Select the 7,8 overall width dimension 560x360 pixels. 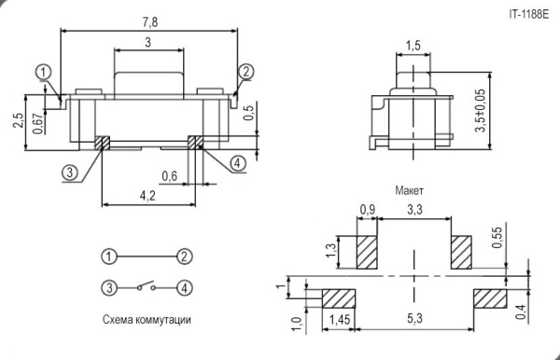[x=148, y=21]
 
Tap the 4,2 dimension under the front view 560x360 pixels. [x=147, y=196]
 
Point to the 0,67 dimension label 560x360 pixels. [x=37, y=123]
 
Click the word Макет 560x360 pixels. [x=410, y=189]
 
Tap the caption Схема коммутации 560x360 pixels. [x=147, y=320]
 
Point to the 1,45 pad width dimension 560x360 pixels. [x=341, y=320]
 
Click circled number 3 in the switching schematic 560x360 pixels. [x=110, y=287]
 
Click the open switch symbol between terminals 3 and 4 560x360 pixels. [x=147, y=286]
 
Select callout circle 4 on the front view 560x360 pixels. [x=237, y=162]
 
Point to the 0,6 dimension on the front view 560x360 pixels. [x=170, y=176]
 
